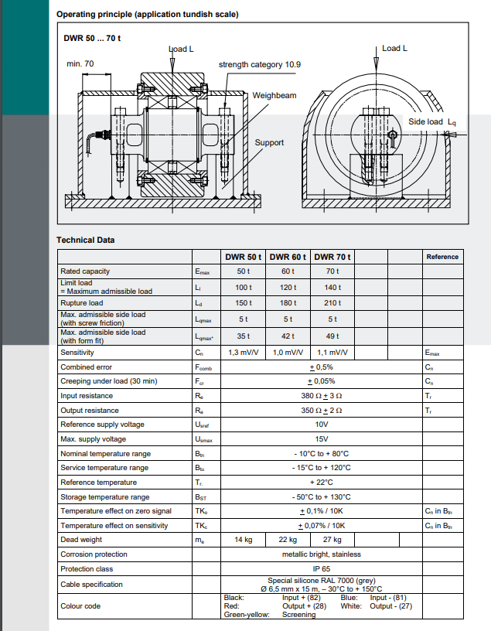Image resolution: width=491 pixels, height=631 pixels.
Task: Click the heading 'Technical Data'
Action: (x=85, y=240)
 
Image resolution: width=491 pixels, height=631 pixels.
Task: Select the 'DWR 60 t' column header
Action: (x=288, y=257)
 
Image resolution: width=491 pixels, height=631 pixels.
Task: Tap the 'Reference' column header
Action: (x=442, y=257)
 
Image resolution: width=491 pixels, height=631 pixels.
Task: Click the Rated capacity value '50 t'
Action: (x=244, y=271)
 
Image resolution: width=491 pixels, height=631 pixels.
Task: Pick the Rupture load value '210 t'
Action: (x=332, y=303)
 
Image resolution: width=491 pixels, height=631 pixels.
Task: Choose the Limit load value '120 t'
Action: (x=288, y=287)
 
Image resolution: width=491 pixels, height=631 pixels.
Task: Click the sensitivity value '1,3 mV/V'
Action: (x=244, y=353)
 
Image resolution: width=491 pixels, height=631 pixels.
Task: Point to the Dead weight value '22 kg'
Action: (x=288, y=540)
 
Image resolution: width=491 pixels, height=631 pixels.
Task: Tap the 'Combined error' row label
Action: (x=86, y=367)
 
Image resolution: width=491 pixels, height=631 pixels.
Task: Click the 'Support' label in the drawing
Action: (x=269, y=142)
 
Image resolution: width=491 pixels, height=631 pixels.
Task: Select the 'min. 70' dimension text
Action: (x=80, y=63)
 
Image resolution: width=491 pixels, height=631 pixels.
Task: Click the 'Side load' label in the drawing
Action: (x=425, y=122)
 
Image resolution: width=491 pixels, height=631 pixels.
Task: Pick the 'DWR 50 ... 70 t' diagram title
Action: (x=92, y=37)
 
